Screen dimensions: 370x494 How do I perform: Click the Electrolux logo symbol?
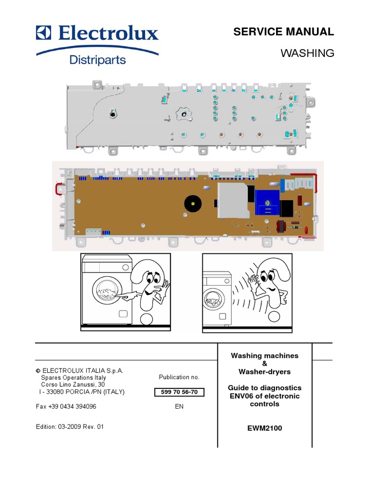click(44, 33)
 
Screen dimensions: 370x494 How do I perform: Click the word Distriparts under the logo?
click(98, 60)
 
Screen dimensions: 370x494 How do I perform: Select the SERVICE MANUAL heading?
click(283, 32)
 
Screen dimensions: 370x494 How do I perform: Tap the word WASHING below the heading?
click(307, 53)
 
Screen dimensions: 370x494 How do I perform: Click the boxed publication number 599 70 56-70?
click(179, 392)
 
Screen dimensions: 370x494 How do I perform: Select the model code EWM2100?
click(264, 428)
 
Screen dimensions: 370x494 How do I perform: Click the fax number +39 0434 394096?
click(66, 407)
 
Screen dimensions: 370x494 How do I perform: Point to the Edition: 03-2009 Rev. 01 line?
click(70, 426)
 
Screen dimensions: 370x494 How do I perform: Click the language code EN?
click(179, 407)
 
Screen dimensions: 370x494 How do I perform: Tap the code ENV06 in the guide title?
click(240, 396)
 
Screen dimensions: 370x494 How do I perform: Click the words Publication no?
click(179, 377)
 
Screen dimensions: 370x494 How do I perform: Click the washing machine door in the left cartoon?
click(106, 293)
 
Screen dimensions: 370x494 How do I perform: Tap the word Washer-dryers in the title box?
click(264, 372)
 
